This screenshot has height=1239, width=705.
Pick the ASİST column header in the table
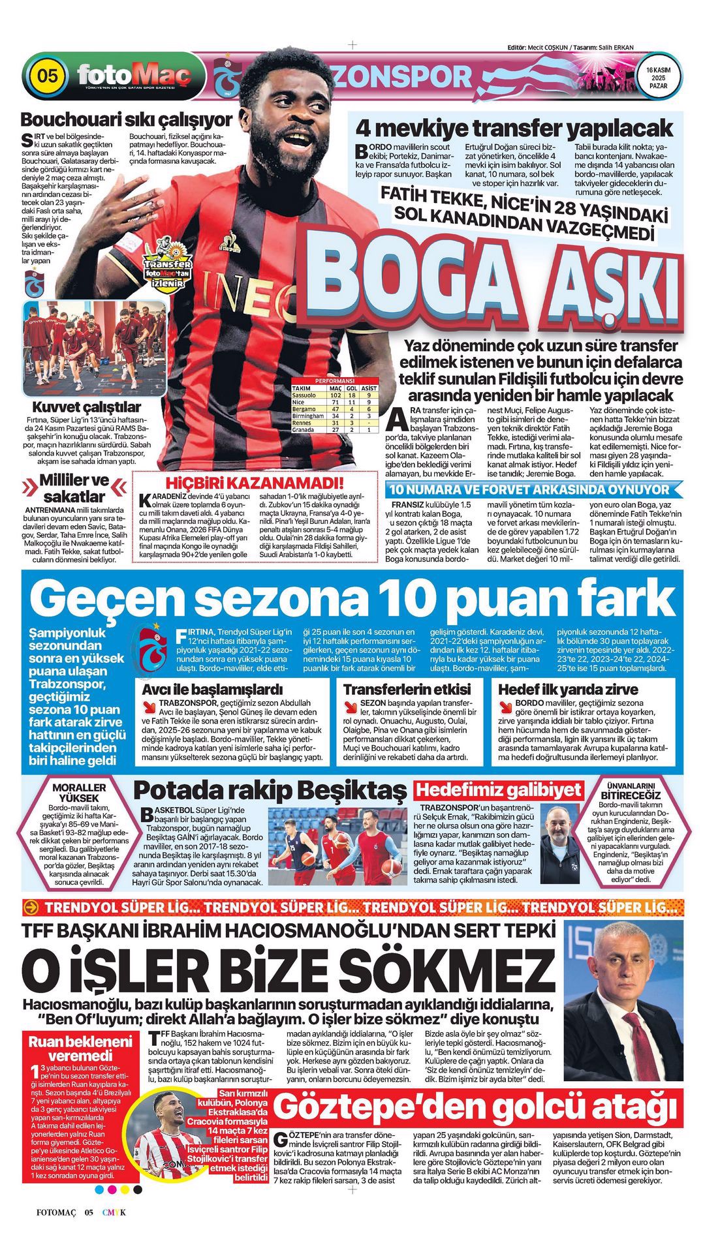(369, 388)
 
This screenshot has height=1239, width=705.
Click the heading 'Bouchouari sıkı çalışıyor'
(126, 120)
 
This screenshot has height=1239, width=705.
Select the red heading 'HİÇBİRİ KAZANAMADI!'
(255, 483)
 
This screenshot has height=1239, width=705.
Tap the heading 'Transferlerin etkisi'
(407, 689)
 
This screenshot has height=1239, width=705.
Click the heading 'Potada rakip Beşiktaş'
(270, 791)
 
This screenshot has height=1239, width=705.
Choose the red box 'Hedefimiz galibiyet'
(499, 790)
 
